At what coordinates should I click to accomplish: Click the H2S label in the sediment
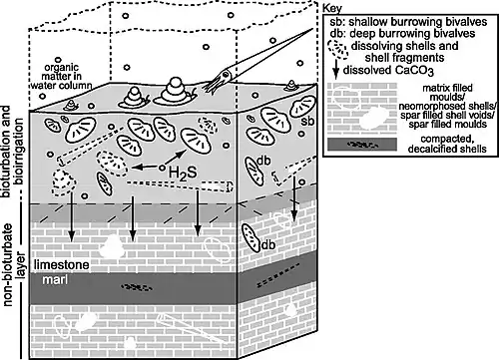pos(183,173)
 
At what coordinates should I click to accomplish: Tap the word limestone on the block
pos(62,265)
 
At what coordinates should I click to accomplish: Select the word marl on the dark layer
pos(55,280)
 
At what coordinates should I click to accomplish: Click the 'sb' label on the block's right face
pos(307,122)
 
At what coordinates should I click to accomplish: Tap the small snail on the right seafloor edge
pos(291,86)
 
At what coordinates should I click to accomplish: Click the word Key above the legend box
pos(332,8)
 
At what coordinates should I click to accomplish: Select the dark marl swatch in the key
pos(362,145)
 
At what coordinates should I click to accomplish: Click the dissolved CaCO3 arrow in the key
pos(336,69)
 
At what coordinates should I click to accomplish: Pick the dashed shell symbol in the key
pos(337,49)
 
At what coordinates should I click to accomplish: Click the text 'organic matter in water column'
pos(61,77)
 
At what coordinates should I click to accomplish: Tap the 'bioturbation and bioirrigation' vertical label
pos(13,152)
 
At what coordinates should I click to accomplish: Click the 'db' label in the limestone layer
pos(268,244)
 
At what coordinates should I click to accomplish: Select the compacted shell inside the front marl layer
pos(137,287)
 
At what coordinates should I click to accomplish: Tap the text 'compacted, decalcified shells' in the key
pos(447,144)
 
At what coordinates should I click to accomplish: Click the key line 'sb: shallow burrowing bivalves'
pos(408,22)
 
